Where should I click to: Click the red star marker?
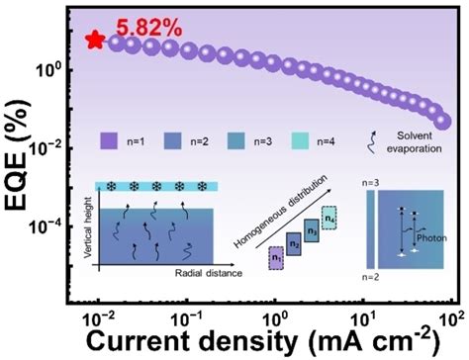coord(95,40)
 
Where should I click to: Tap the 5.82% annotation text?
coord(149,28)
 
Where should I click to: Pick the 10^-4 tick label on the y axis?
coord(49,225)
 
